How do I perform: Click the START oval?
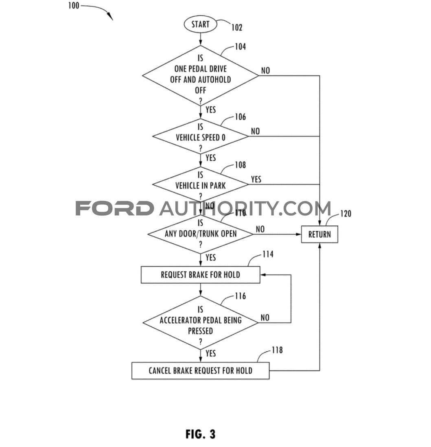(200, 24)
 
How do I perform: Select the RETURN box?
(319, 234)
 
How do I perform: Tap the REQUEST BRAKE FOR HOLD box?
(200, 275)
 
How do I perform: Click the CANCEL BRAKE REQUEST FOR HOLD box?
(200, 370)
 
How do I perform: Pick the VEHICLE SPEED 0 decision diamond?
(200, 137)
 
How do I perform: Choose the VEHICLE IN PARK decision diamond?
(200, 185)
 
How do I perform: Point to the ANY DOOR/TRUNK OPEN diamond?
(200, 234)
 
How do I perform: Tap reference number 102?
(236, 28)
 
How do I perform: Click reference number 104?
(240, 47)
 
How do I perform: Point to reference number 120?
(345, 213)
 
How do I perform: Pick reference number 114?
(268, 254)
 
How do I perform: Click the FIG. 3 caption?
(200, 434)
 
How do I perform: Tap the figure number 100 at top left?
(74, 6)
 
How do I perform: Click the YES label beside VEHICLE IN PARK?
(256, 179)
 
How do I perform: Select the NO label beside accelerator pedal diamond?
(265, 318)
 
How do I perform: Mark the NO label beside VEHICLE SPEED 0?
(255, 131)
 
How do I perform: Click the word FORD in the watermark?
(115, 208)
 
